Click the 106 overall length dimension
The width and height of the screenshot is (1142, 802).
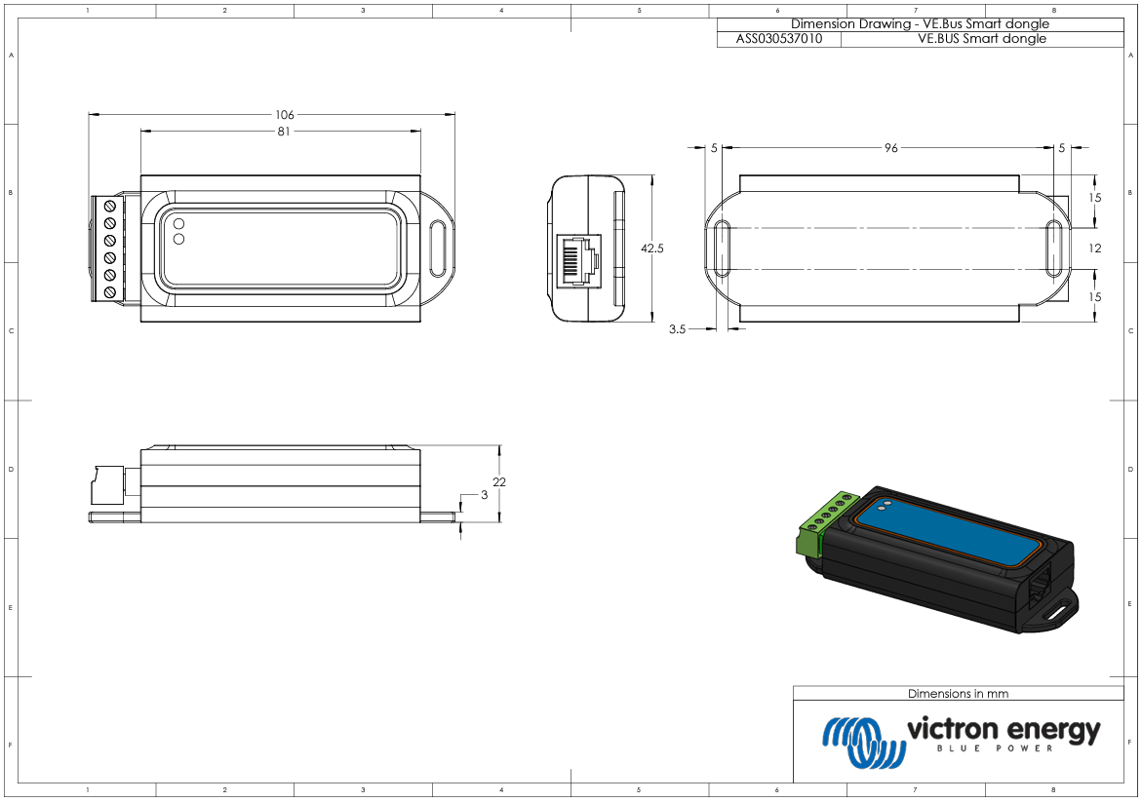point(285,115)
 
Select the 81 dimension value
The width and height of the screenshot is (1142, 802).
point(284,132)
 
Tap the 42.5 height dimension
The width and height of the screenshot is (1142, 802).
point(651,248)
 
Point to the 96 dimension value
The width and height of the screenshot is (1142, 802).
point(890,148)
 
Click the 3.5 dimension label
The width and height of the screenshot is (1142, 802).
point(677,329)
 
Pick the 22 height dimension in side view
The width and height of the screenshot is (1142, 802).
point(499,482)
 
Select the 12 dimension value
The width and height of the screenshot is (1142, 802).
point(1094,248)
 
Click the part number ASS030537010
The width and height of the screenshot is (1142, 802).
point(778,39)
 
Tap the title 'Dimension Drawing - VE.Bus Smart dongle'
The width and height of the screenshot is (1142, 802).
point(920,24)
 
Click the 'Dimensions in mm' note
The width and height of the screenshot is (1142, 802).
point(958,694)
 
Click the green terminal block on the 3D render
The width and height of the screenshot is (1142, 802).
point(817,530)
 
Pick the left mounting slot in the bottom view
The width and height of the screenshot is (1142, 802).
point(723,248)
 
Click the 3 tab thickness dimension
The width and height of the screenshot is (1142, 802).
point(485,496)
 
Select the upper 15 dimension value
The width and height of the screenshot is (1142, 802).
point(1094,198)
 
